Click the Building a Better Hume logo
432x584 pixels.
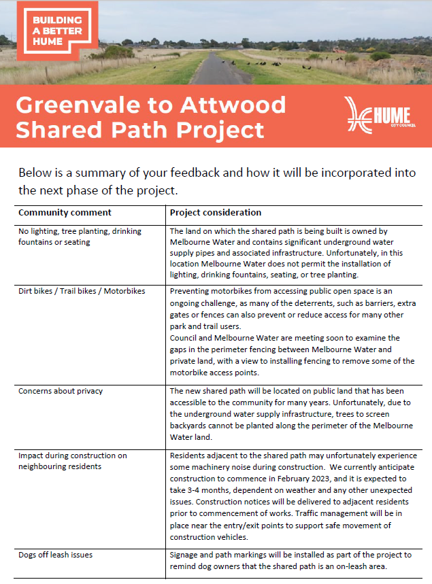click(x=57, y=30)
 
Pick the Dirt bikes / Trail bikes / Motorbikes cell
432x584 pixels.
click(x=82, y=291)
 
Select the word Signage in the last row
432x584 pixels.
click(x=186, y=555)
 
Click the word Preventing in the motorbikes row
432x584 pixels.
click(x=191, y=291)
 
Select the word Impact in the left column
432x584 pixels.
click(x=31, y=456)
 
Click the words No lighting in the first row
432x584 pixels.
click(x=40, y=231)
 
